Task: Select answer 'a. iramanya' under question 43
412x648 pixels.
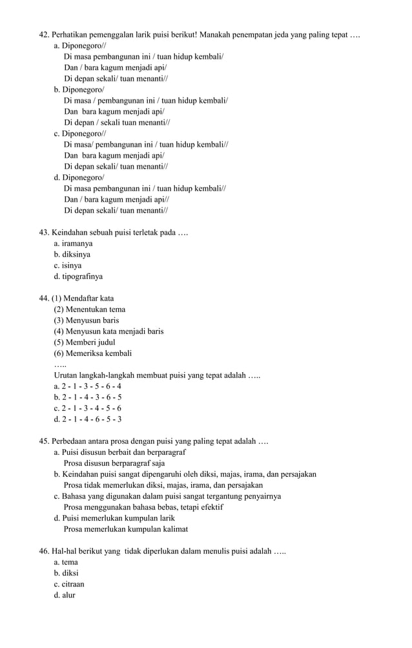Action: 73,244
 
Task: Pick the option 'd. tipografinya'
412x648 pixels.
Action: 78,277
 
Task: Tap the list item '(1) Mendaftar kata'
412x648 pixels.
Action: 83,298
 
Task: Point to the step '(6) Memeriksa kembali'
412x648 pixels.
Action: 92,353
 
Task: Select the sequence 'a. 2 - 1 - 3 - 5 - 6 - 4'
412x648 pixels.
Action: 88,386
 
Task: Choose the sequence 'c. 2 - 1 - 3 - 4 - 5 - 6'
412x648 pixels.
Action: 88,408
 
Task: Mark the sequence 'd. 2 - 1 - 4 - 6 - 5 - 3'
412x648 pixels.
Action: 88,419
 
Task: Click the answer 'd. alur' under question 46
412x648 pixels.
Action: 65,595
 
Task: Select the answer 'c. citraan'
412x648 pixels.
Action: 69,584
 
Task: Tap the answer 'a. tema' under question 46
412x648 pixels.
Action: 66,562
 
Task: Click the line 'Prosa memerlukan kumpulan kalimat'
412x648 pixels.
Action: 126,529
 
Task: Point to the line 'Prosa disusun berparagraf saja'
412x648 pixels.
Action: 114,463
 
